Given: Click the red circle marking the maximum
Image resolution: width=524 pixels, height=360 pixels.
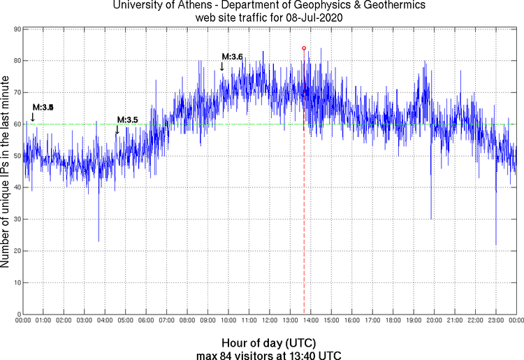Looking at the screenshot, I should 304,48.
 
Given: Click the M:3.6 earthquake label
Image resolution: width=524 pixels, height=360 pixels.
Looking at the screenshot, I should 232,57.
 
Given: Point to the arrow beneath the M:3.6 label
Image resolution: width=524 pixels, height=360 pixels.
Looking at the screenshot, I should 222,66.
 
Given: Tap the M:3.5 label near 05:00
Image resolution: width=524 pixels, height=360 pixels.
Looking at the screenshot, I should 127,120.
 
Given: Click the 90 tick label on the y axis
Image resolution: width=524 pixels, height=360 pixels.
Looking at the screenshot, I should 15,29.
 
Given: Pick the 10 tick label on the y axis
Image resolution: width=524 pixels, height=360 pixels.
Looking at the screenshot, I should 15,282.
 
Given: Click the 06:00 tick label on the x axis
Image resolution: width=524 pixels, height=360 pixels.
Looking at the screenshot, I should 146,321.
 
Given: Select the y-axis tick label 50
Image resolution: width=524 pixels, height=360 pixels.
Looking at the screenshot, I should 15,156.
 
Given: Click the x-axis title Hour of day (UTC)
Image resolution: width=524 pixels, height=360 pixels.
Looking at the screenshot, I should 268,343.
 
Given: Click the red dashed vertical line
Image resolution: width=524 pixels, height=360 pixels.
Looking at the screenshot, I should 304,210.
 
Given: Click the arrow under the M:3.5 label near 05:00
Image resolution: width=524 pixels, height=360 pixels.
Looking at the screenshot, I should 117,129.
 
